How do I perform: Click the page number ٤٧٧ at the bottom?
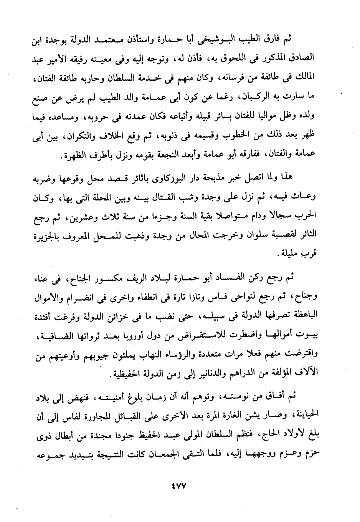click(179, 486)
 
